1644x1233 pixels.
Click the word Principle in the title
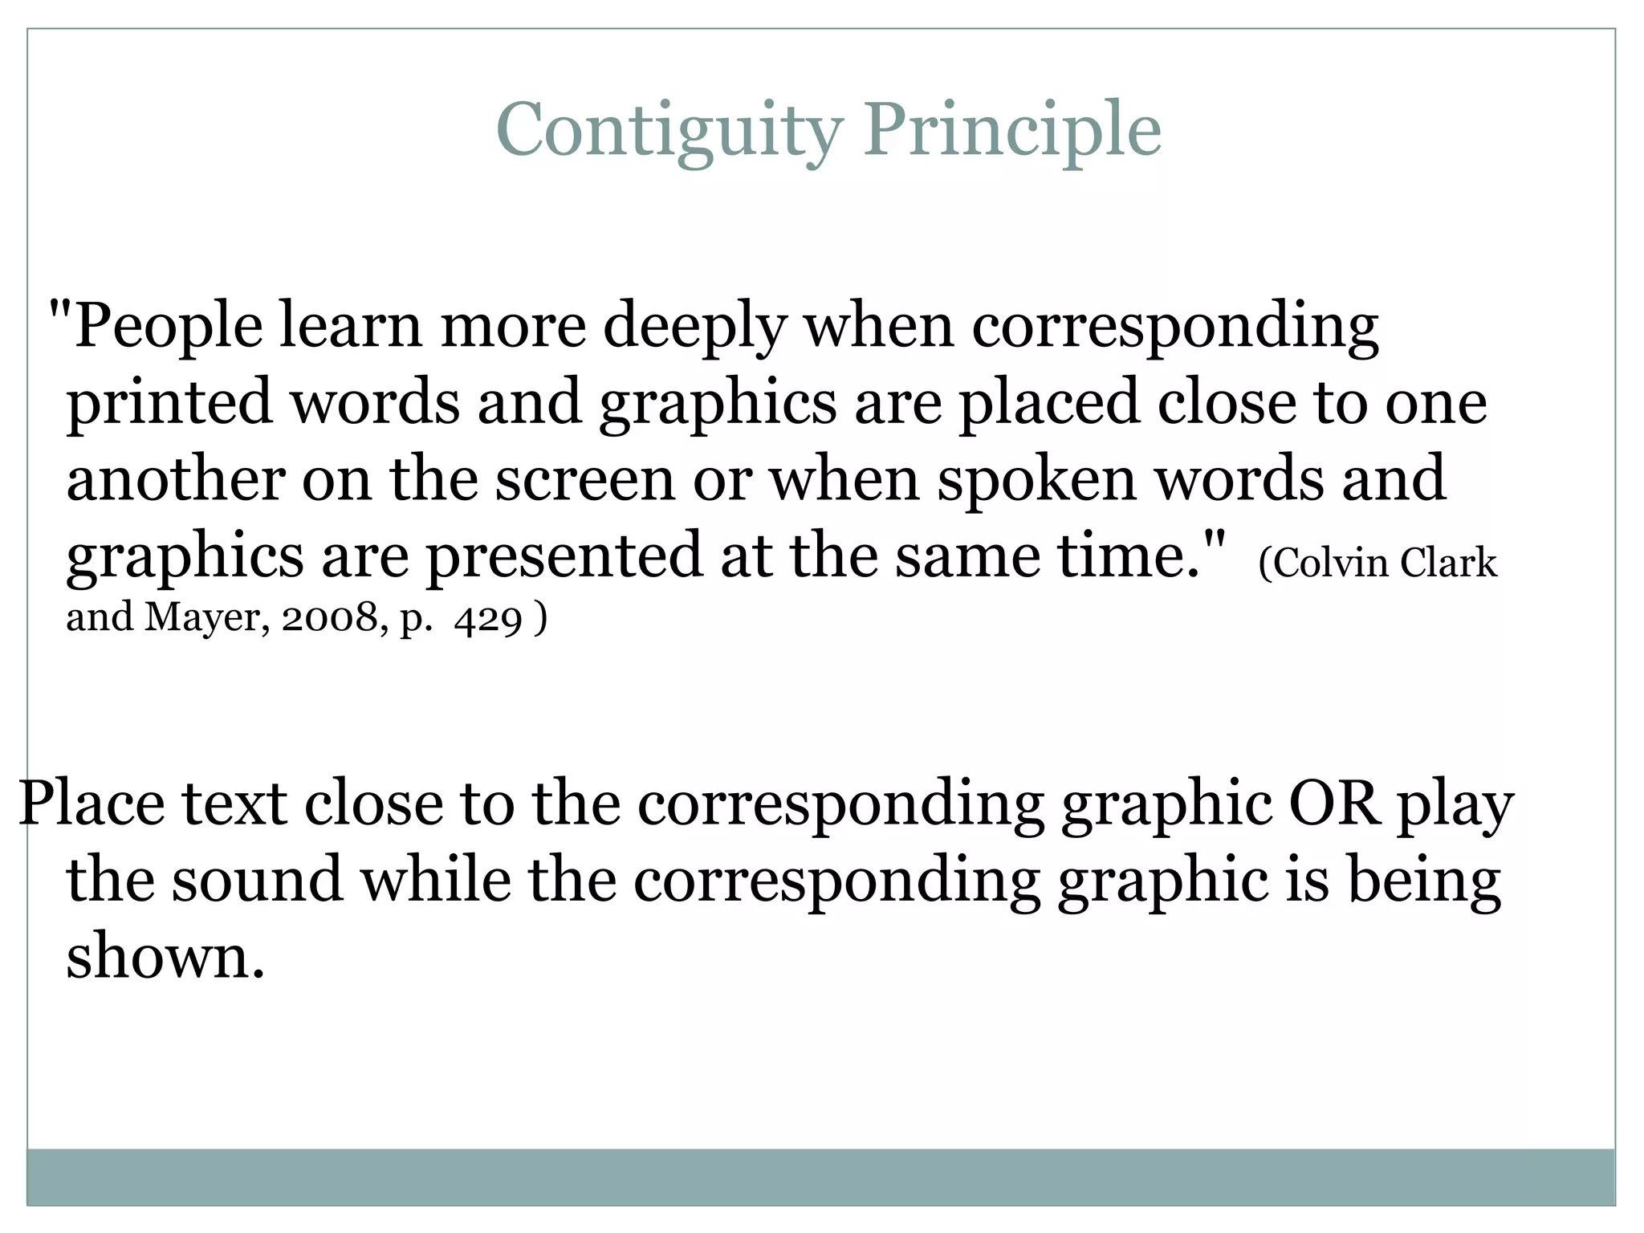(x=1013, y=130)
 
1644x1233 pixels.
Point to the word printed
(x=169, y=403)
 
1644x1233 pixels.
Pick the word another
(x=176, y=478)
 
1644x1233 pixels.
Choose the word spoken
(x=1037, y=480)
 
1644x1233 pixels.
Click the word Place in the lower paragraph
(x=92, y=804)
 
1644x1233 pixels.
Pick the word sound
(x=258, y=880)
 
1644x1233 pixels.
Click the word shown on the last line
(x=165, y=957)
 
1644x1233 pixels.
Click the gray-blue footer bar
(x=820, y=1177)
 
